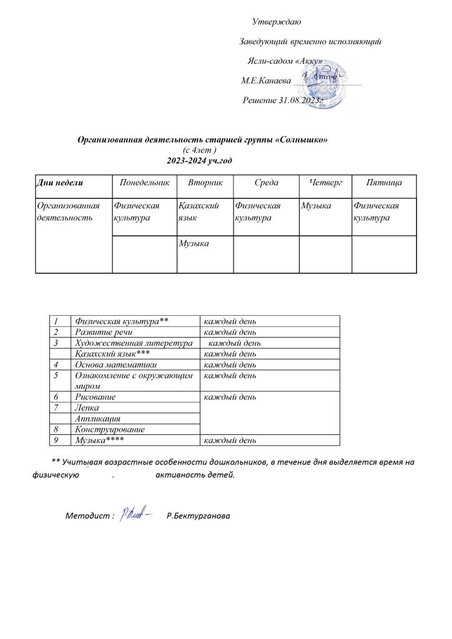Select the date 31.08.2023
(x=297, y=100)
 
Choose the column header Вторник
(x=205, y=182)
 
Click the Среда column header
(x=266, y=182)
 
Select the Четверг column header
(x=325, y=182)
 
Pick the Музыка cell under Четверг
(x=316, y=205)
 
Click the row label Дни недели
(x=61, y=182)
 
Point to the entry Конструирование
(x=110, y=429)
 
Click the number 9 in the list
(x=57, y=441)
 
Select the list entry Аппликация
(x=97, y=419)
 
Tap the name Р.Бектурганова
(x=199, y=516)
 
